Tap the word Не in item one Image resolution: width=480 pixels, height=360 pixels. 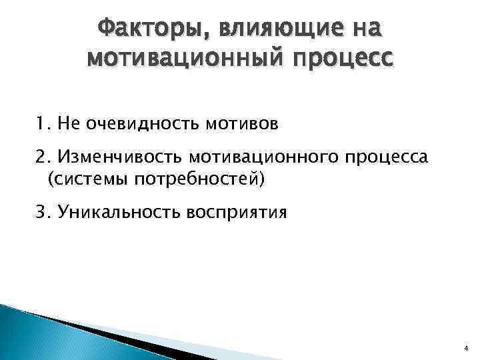pyautogui.click(x=67, y=123)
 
